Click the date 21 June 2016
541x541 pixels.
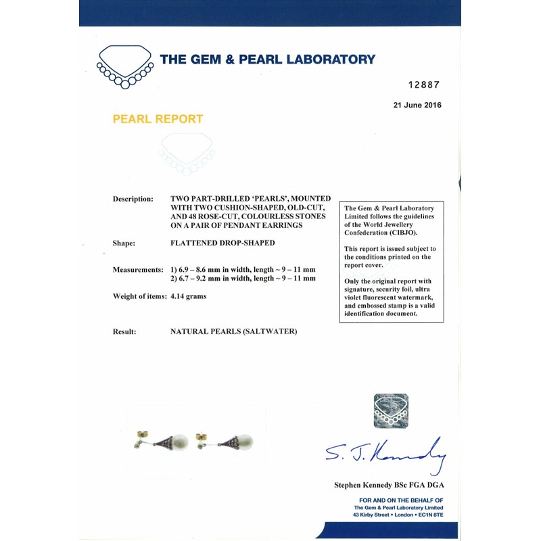tap(417, 105)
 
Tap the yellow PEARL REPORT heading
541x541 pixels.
tap(158, 119)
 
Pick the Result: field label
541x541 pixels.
tap(126, 331)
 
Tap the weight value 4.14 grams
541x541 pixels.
tap(188, 296)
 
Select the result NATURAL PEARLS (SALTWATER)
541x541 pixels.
tap(234, 331)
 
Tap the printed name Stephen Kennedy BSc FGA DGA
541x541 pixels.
tap(389, 485)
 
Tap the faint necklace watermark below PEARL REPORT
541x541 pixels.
tap(187, 154)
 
